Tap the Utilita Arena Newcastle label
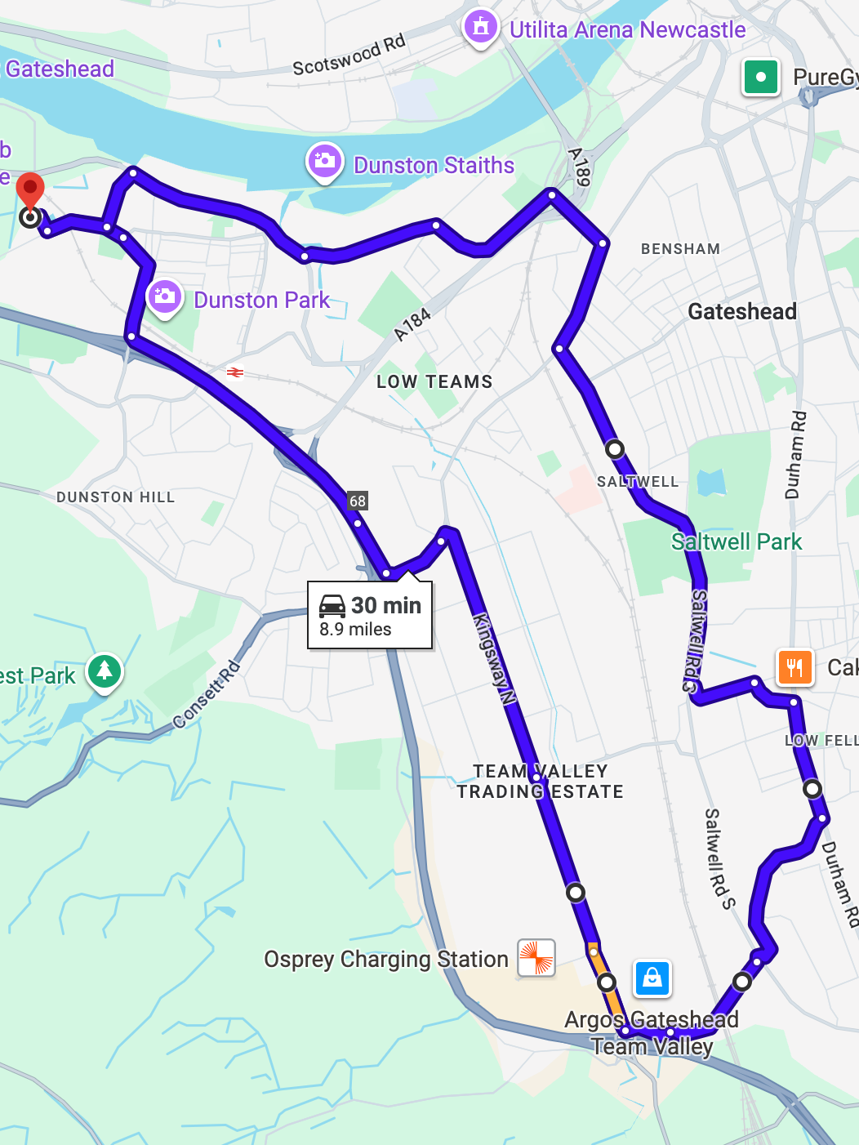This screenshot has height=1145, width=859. click(627, 30)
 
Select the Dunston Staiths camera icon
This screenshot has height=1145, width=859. click(324, 161)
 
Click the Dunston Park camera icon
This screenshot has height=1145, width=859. click(164, 296)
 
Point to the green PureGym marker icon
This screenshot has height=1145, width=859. click(761, 78)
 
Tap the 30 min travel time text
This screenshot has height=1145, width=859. click(385, 605)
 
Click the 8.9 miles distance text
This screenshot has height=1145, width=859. click(355, 630)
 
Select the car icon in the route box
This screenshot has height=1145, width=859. click(332, 606)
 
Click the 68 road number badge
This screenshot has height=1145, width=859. click(358, 501)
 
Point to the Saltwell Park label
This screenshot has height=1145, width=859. click(736, 541)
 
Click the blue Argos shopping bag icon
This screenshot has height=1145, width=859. click(652, 978)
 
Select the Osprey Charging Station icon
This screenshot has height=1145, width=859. click(536, 957)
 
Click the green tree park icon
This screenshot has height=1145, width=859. click(105, 671)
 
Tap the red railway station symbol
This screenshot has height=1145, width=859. click(235, 372)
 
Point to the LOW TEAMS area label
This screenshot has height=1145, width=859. click(434, 381)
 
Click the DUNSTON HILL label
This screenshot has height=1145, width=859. click(116, 497)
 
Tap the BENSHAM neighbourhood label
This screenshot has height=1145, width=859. click(680, 249)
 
